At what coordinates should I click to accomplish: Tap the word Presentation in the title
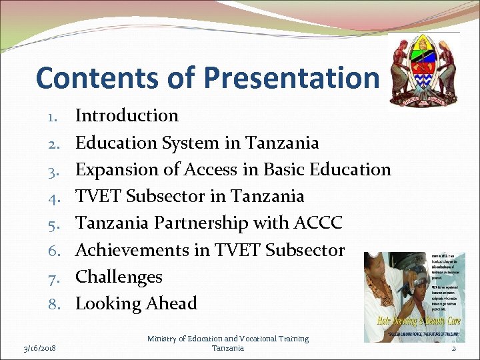coord(291,77)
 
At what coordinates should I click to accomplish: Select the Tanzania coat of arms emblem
coord(423,70)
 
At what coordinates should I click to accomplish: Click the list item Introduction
coord(127,115)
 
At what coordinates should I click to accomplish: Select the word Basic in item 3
coord(287,169)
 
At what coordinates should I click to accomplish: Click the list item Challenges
coord(119,277)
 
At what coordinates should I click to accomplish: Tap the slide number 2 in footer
coord(453,348)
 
